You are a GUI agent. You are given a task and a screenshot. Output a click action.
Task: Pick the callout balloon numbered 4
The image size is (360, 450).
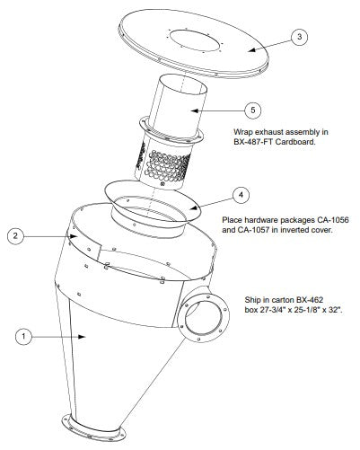pyautogui.click(x=240, y=193)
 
